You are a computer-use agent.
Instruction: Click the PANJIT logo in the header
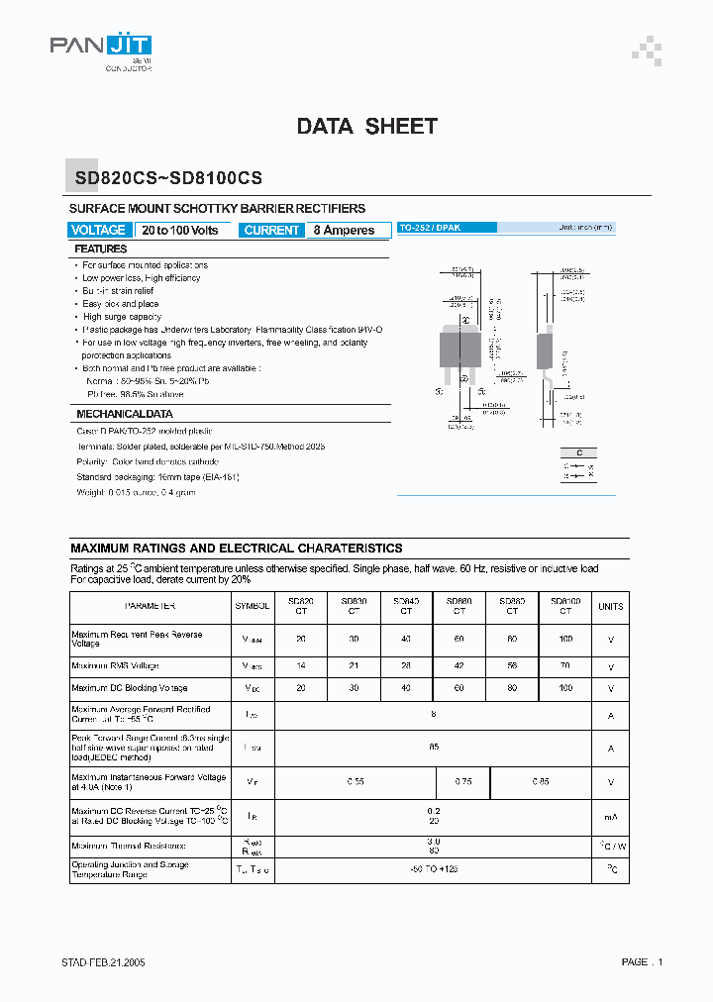[100, 50]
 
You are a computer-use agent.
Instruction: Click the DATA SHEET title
[366, 126]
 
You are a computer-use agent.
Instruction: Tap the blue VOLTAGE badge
[99, 230]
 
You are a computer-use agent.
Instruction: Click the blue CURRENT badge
[271, 230]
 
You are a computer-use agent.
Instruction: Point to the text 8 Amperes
[344, 230]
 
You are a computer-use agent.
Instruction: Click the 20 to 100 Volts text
[180, 230]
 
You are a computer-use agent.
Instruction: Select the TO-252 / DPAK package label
[430, 228]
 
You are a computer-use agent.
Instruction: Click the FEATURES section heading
[101, 250]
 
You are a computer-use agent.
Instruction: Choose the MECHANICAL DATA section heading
[125, 414]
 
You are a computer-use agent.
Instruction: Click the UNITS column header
[611, 606]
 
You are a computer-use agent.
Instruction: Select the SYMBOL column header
[252, 606]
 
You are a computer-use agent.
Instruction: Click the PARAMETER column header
[151, 606]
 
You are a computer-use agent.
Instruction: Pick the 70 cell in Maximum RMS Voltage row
[565, 666]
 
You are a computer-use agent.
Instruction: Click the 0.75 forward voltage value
[462, 782]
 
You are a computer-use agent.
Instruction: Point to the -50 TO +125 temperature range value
[435, 868]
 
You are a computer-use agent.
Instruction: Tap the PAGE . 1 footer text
[642, 962]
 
